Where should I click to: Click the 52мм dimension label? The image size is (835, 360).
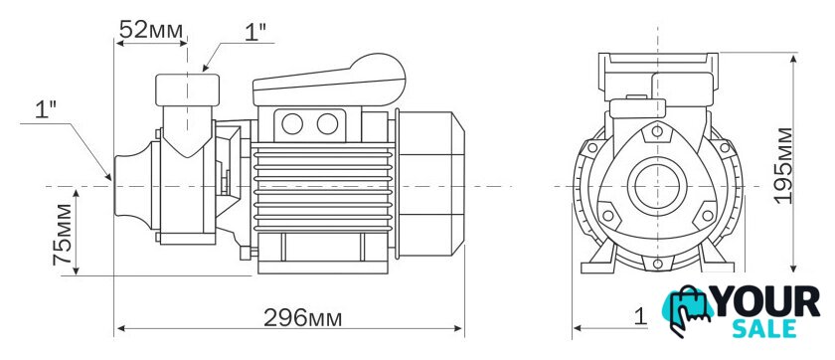pyautogui.click(x=151, y=30)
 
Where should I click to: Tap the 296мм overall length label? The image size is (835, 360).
pyautogui.click(x=303, y=318)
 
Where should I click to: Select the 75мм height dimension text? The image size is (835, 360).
pyautogui.click(x=63, y=235)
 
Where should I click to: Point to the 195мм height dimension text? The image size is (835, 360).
pyautogui.click(x=783, y=165)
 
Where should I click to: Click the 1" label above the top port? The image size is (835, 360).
pyautogui.click(x=255, y=33)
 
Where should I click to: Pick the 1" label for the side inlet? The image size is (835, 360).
pyautogui.click(x=46, y=110)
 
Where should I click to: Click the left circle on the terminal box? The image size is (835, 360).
pyautogui.click(x=292, y=124)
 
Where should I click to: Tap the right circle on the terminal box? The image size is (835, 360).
pyautogui.click(x=327, y=124)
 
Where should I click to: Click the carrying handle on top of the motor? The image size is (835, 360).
pyautogui.click(x=329, y=80)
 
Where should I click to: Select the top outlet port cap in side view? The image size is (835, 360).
pyautogui.click(x=188, y=90)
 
